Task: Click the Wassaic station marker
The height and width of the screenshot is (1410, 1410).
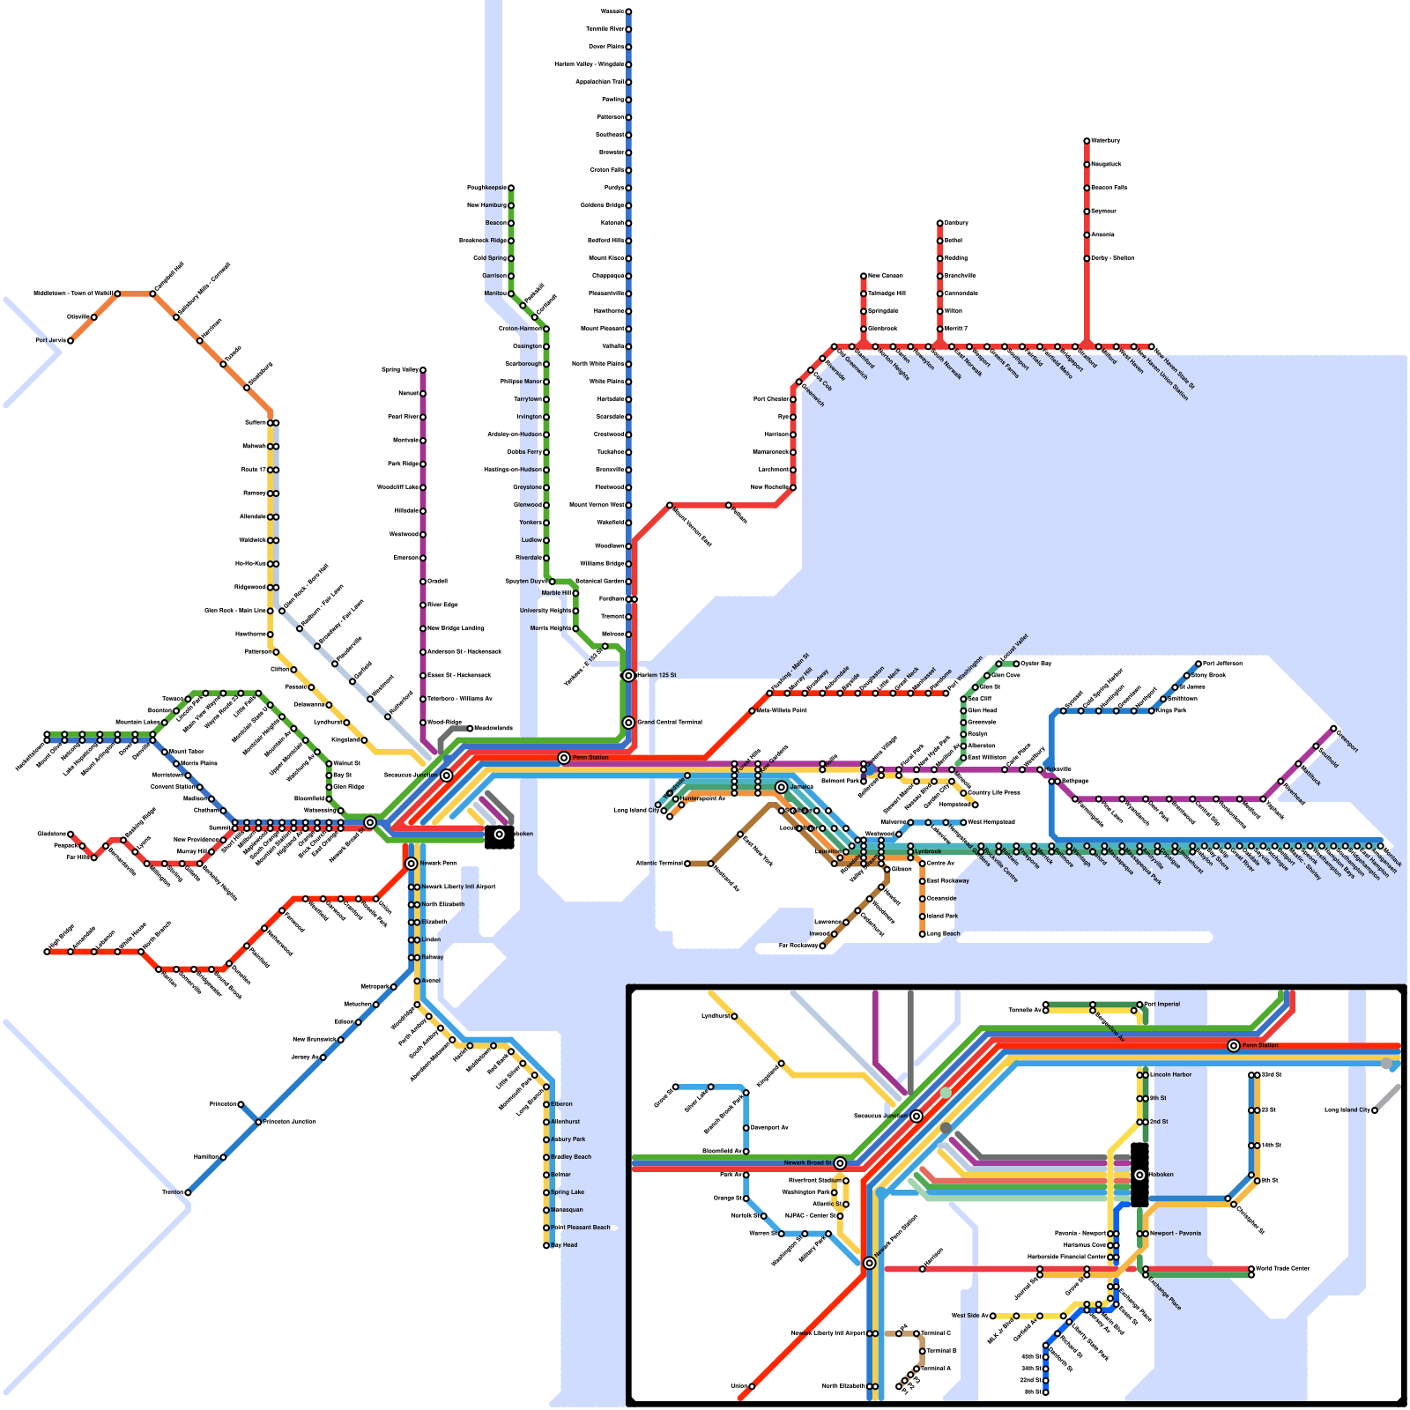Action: tap(628, 11)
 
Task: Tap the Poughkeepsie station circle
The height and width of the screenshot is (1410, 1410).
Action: tap(510, 188)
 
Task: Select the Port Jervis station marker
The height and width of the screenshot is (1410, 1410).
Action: tap(70, 340)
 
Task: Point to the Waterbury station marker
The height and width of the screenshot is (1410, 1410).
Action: tap(1087, 141)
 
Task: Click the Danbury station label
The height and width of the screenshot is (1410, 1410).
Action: tap(956, 223)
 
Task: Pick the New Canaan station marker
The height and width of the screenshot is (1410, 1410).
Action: tap(864, 276)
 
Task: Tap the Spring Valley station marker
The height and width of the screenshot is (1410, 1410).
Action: tap(423, 370)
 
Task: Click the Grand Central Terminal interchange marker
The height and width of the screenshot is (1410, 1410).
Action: tap(628, 723)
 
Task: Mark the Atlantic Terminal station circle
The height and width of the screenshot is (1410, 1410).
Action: tap(687, 864)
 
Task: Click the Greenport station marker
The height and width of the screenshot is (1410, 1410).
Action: tap(1333, 729)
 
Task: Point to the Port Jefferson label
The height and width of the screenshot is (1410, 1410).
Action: tap(1222, 664)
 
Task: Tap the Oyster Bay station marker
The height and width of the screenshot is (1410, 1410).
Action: tap(1016, 664)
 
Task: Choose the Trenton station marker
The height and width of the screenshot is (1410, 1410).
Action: tap(188, 1192)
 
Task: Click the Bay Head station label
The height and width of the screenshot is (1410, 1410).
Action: tap(564, 1245)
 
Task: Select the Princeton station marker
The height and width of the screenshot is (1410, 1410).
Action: tap(241, 1104)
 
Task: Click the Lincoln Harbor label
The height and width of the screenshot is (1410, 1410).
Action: tap(1170, 1074)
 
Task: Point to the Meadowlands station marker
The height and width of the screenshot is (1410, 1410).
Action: tap(470, 729)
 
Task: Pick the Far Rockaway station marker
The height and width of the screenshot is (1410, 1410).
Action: tap(822, 946)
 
